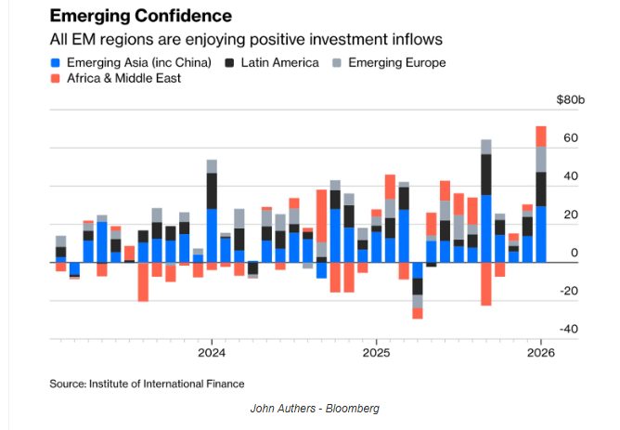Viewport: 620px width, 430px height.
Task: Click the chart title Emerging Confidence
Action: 140,17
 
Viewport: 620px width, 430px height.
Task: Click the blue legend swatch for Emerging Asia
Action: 56,62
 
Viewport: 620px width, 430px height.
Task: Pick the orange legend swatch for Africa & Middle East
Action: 56,79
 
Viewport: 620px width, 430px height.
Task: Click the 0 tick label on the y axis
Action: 574,253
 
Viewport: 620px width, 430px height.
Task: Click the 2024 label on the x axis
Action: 212,354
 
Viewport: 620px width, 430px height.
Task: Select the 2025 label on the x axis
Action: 376,354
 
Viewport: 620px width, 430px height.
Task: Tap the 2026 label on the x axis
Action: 540,354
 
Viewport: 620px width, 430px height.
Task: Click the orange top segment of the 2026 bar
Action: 541,137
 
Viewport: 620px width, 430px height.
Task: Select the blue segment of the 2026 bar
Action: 541,234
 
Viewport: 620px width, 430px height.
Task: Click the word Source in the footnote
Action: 69,383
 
